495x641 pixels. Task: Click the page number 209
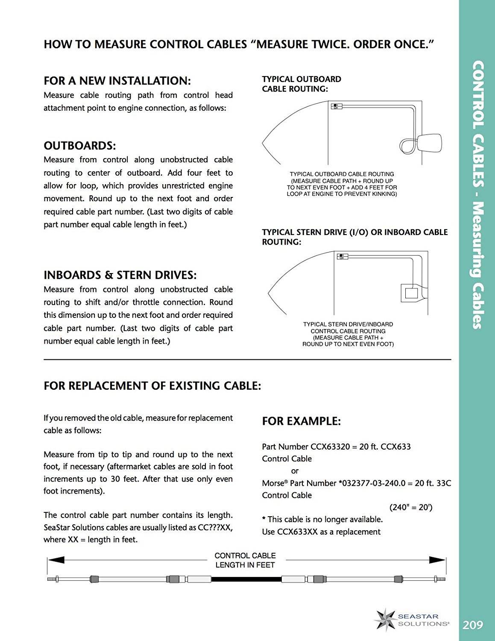[473, 625]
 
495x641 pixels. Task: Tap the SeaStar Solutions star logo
[386, 620]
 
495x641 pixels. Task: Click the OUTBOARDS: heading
[80, 146]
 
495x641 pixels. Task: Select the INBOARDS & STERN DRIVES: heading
[120, 275]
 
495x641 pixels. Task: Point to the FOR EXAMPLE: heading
[301, 421]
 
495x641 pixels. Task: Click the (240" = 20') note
[411, 507]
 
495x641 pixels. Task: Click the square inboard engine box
[411, 293]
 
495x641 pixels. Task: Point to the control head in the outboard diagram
[336, 106]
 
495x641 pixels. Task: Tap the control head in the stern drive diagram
[342, 256]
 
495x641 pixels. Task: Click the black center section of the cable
[246, 579]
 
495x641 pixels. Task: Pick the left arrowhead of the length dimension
[56, 560]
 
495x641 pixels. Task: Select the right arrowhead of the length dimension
[437, 560]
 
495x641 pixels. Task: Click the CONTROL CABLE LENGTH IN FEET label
[245, 560]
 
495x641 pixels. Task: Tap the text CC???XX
[215, 527]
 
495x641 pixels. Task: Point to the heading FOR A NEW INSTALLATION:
[117, 81]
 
